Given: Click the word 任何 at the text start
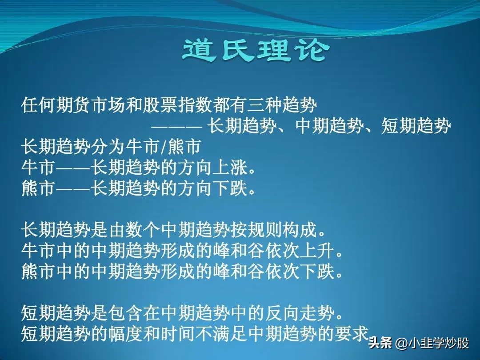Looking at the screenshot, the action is [39, 105].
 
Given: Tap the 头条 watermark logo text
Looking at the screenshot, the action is [380, 343].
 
